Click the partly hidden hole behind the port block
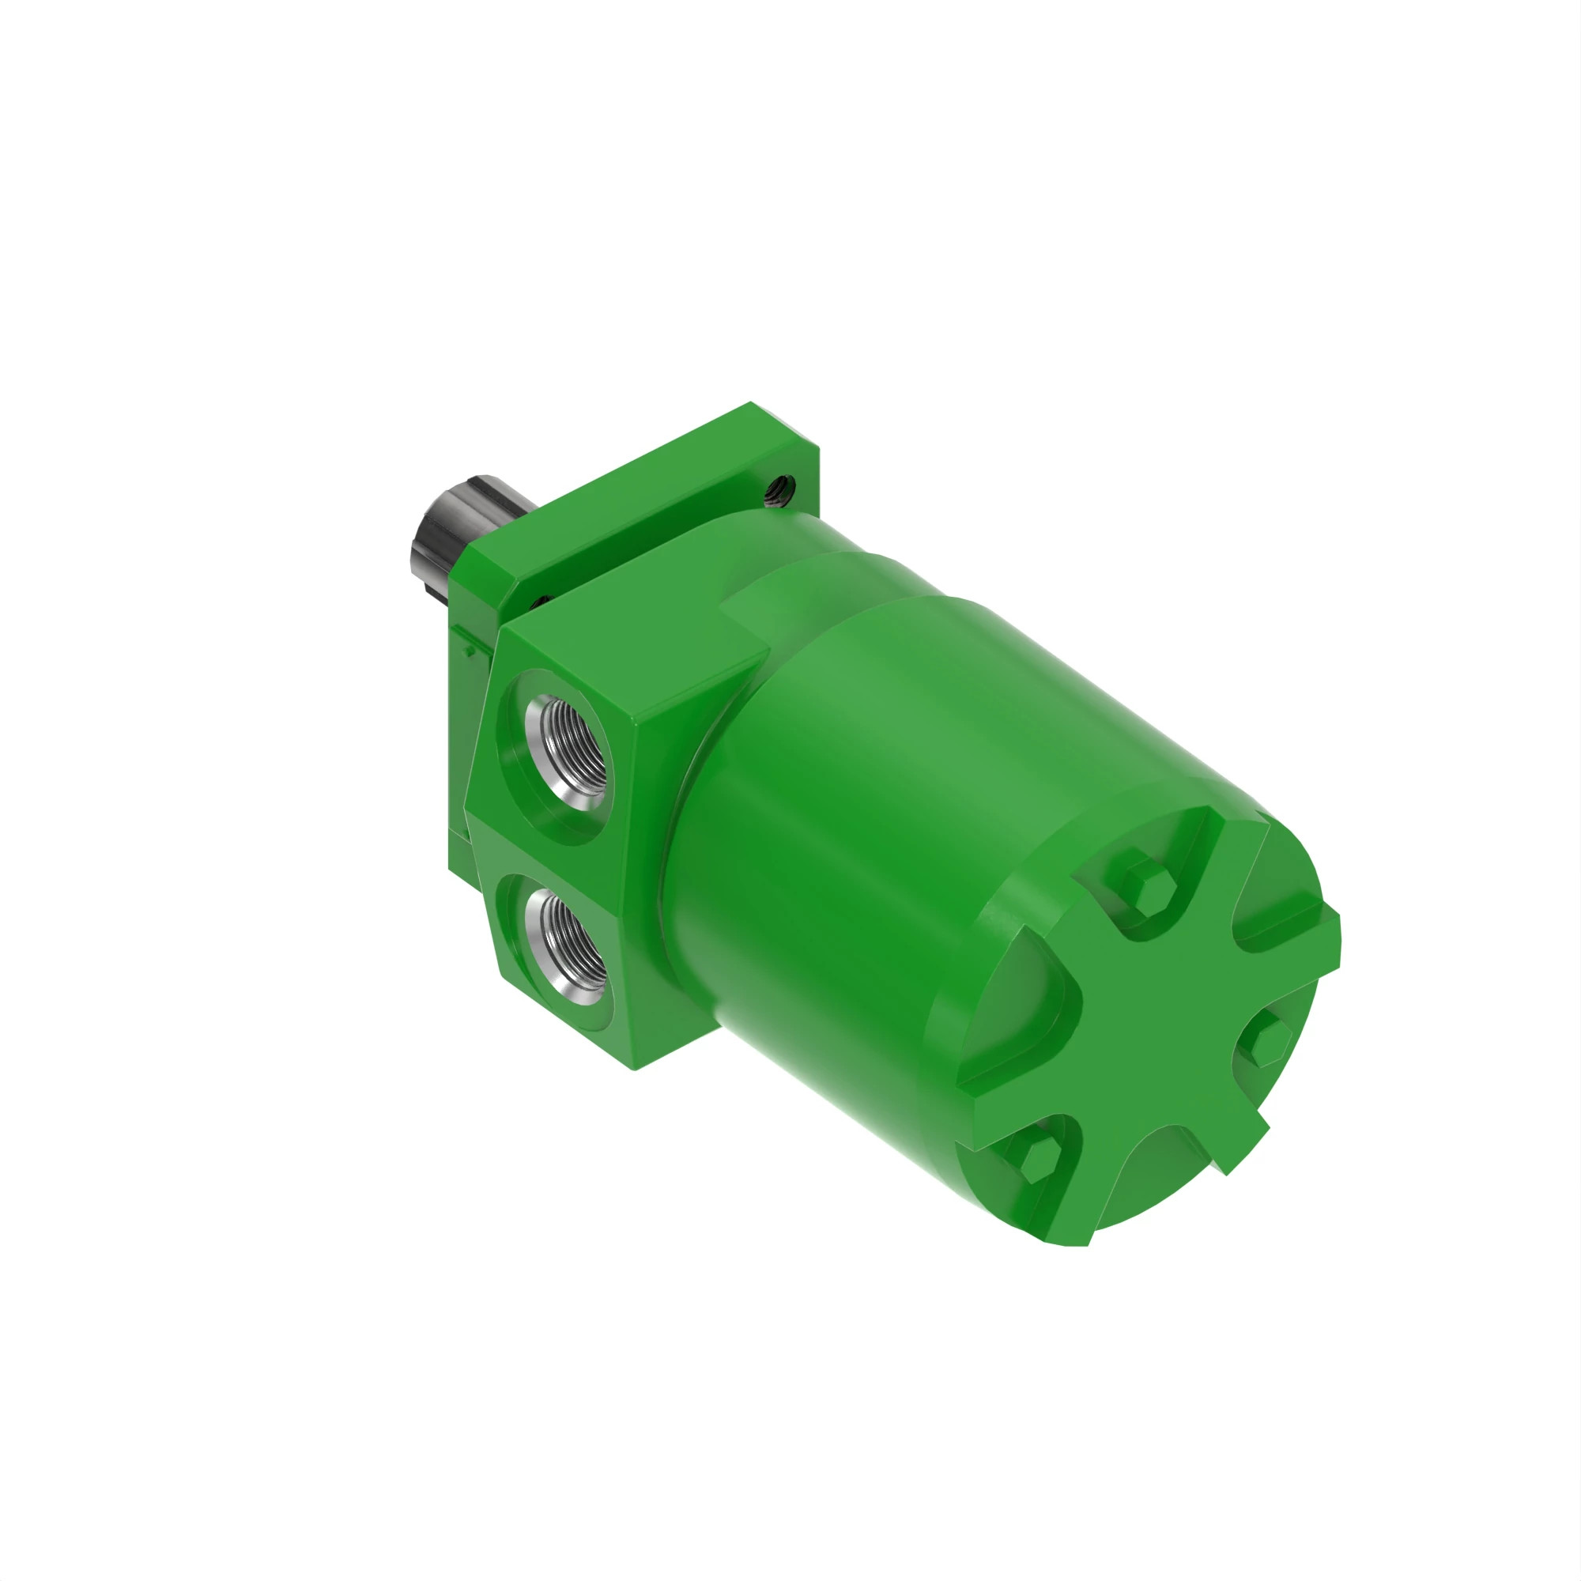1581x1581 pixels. tap(540, 602)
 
